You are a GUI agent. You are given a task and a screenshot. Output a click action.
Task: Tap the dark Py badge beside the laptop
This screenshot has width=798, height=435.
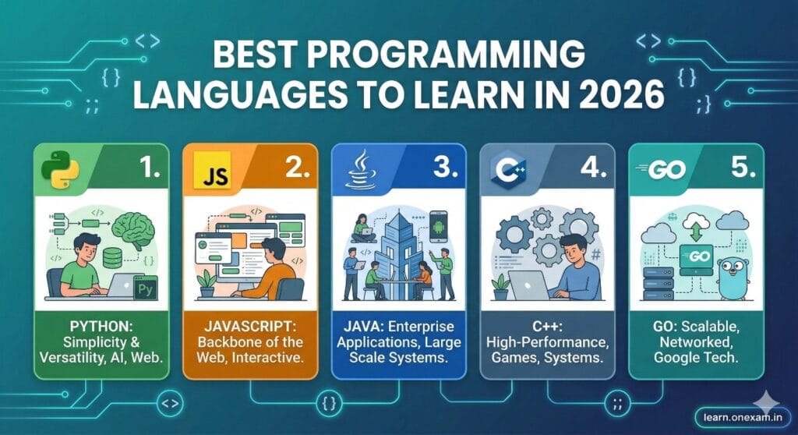pos(145,286)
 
